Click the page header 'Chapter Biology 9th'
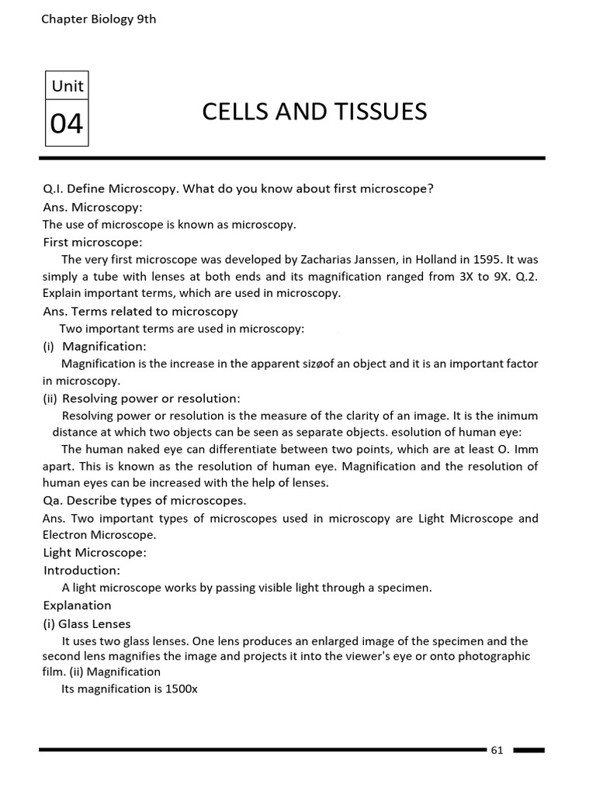(99, 19)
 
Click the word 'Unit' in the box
(67, 86)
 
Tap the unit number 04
(67, 123)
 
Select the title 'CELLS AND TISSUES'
(314, 112)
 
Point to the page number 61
(497, 750)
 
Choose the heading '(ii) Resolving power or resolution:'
(141, 398)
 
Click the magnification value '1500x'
(182, 689)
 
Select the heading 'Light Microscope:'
(94, 552)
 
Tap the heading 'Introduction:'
(81, 570)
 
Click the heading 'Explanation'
(77, 605)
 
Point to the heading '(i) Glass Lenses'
(86, 623)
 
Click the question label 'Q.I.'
(56, 189)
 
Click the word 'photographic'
(494, 656)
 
